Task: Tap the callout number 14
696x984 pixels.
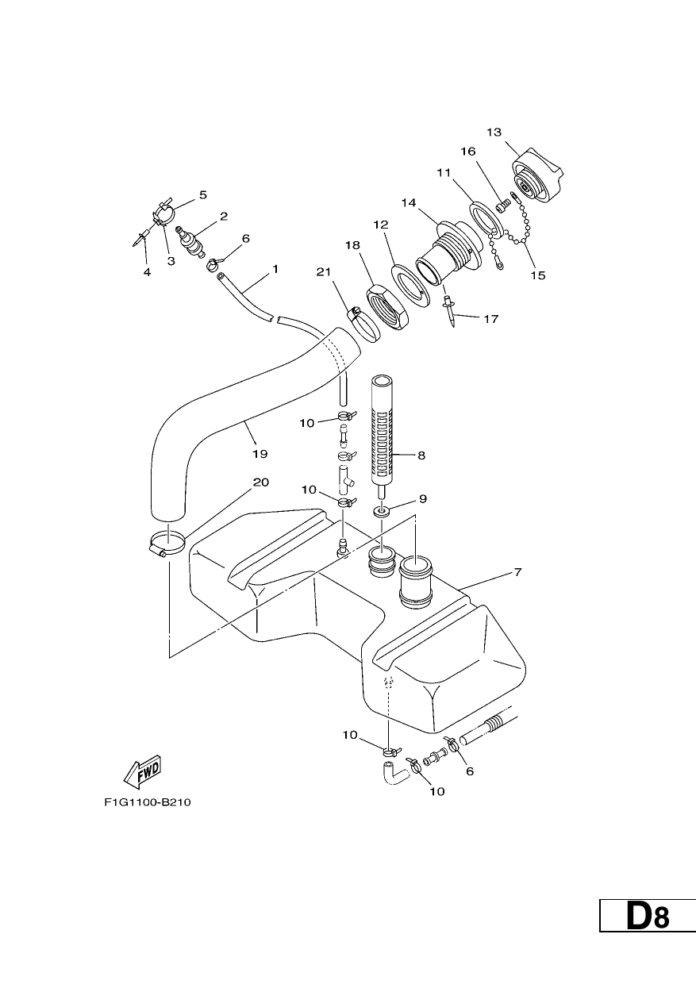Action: pyautogui.click(x=409, y=202)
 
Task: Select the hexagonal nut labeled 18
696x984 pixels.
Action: pyautogui.click(x=388, y=307)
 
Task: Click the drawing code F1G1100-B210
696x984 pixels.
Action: pyautogui.click(x=148, y=802)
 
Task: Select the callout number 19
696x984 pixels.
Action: pyautogui.click(x=260, y=454)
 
